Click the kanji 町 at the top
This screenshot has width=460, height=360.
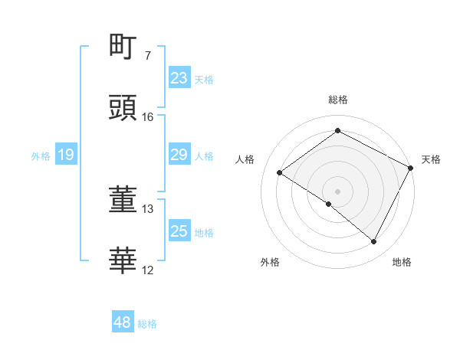tap(123, 47)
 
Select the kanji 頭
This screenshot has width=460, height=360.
tap(123, 108)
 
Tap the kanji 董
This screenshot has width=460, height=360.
tap(123, 200)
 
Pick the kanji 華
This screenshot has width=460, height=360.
tap(123, 261)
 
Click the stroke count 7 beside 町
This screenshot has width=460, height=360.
tap(147, 56)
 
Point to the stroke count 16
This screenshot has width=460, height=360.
tap(148, 117)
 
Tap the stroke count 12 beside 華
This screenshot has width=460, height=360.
tap(148, 270)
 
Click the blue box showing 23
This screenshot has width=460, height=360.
tap(179, 78)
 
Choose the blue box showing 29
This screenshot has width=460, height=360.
tap(179, 155)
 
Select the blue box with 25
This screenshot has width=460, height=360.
tap(179, 231)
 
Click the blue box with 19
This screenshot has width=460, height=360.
tap(66, 155)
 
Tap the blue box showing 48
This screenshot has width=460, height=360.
tap(123, 323)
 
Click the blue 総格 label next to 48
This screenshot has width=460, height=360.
tap(147, 324)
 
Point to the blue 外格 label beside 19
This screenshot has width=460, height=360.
tap(41, 156)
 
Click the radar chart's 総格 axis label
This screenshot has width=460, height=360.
tap(337, 100)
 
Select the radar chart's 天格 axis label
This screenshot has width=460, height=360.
tap(431, 159)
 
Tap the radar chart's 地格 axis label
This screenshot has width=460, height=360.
tap(402, 262)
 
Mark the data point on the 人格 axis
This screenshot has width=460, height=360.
tap(280, 172)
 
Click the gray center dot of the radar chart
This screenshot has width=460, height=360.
tap(337, 191)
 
